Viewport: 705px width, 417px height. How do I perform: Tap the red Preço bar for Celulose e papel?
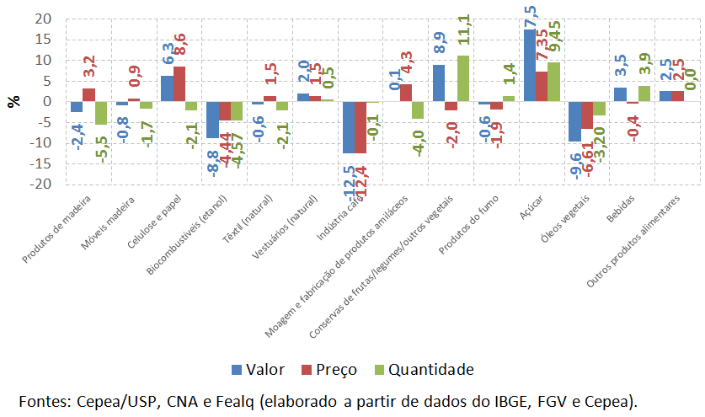pos(179,83)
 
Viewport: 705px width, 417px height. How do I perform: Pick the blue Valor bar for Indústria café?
pos(349,127)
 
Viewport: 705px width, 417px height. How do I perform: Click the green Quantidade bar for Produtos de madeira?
pos(101,113)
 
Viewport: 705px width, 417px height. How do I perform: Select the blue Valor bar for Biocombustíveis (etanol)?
pos(212,120)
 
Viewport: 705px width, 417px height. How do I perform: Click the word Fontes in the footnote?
pos(44,399)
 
